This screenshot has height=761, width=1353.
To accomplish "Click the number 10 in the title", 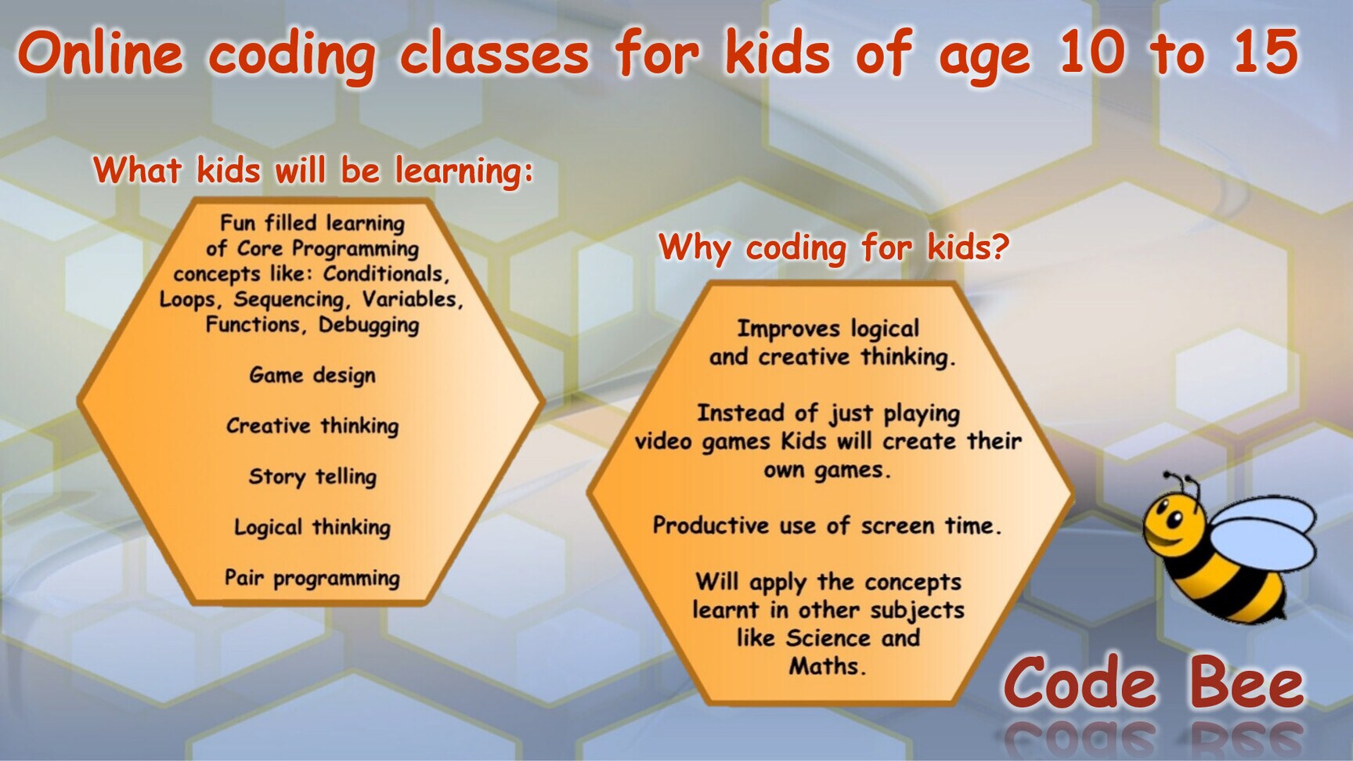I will pos(1091,52).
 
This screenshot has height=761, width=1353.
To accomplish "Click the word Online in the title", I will pos(100,53).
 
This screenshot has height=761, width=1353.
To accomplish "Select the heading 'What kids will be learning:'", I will pos(313,170).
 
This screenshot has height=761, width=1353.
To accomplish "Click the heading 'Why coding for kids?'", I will pos(833,247).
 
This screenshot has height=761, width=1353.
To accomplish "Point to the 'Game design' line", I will pos(312,375).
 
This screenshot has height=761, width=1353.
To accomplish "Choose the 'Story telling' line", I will pos(312,476).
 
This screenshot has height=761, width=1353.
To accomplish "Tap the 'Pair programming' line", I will pos(312,578).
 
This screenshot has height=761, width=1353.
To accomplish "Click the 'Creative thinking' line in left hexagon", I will pos(312,426).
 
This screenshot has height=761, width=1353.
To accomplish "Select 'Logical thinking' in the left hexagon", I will pos(312,527).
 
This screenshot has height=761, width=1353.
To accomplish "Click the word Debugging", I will pos(368,325).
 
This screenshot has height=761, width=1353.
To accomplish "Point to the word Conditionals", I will pos(386,274).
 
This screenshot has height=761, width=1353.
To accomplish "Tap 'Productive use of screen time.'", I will pos(827,525).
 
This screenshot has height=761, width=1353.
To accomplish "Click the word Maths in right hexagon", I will pos(826,666).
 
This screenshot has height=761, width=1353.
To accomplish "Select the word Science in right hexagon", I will pos(828,638).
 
